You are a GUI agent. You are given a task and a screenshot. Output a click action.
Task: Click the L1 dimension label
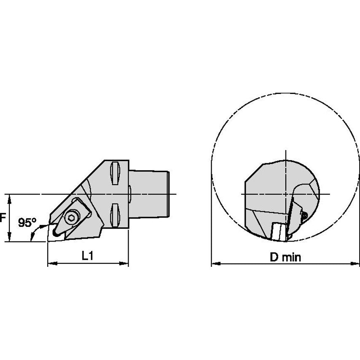coord(87,256)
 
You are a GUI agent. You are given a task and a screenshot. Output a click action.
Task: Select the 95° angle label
coord(27,223)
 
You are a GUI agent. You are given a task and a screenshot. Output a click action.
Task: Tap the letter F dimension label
coord(3,218)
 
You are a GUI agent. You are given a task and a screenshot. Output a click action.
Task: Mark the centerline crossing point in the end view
coord(285,194)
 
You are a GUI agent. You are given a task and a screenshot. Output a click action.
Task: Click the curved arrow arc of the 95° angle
coord(35,231)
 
